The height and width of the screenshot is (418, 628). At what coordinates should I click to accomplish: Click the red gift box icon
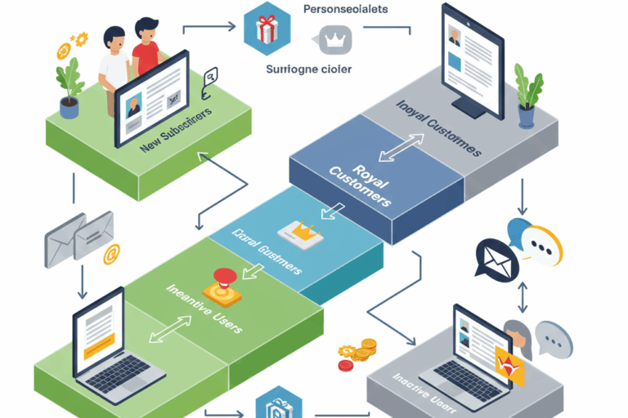[267, 30]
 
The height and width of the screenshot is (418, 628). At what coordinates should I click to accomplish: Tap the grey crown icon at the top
[333, 37]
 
